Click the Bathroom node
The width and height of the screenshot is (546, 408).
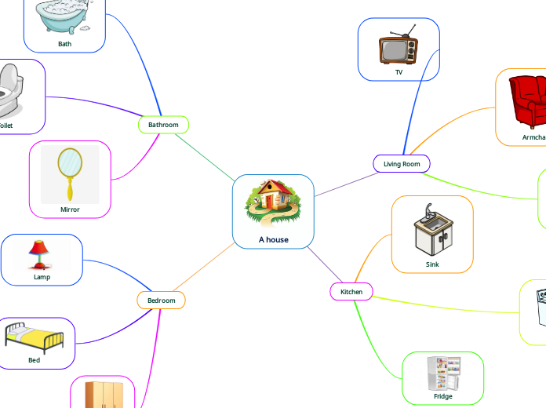(163, 125)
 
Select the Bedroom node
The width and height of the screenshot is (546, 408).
(161, 301)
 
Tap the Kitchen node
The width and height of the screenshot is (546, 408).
(351, 292)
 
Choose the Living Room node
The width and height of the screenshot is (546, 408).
(402, 164)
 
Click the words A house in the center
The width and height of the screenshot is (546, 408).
(273, 239)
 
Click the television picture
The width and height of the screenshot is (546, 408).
(398, 47)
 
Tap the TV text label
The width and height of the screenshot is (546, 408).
(399, 72)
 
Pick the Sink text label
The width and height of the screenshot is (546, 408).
(432, 264)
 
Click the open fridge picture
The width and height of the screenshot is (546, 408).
(443, 373)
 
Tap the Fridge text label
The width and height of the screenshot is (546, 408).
(443, 396)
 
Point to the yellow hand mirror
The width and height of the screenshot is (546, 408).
(71, 173)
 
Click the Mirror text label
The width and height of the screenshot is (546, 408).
(70, 209)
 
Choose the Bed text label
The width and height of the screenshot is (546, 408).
(34, 360)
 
